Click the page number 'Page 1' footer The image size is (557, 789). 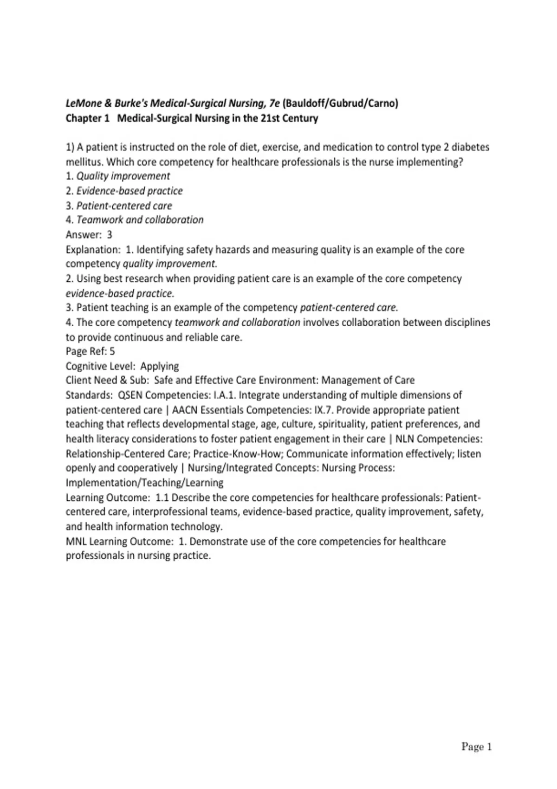click(x=476, y=747)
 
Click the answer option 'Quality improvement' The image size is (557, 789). click(x=123, y=176)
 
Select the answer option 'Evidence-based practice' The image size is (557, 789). click(x=130, y=191)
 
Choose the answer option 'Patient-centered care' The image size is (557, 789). click(x=124, y=206)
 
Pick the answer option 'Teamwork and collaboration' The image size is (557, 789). click(x=140, y=220)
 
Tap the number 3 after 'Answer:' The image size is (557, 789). click(x=110, y=235)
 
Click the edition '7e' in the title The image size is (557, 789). click(x=274, y=103)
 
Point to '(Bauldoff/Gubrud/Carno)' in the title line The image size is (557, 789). click(x=340, y=103)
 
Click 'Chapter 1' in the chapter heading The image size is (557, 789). click(x=87, y=118)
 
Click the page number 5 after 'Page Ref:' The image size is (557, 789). click(x=112, y=351)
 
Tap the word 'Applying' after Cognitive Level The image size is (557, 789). click(x=159, y=366)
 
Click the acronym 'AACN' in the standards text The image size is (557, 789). click(x=185, y=410)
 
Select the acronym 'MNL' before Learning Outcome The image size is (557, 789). click(x=76, y=542)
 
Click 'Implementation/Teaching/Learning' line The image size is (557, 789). click(x=144, y=483)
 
